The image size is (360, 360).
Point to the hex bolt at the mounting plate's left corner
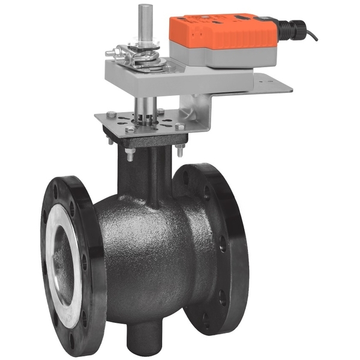click(x=112, y=115)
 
